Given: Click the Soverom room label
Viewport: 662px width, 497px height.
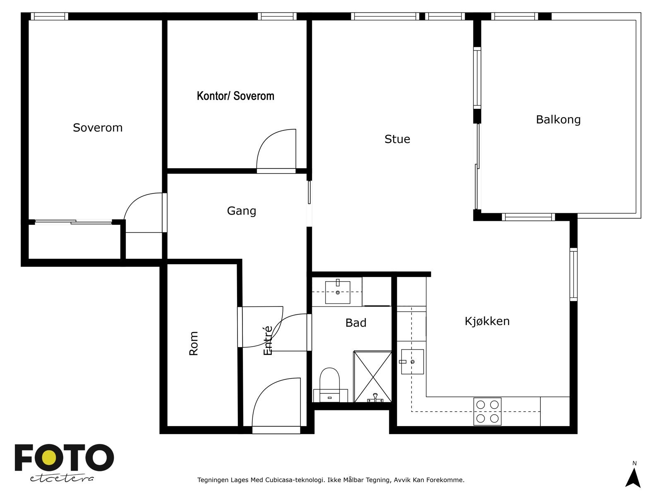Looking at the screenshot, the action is point(98,128).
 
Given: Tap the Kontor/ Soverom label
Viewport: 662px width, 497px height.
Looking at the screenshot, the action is point(235,96).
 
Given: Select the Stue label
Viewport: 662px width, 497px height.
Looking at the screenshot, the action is point(397,139).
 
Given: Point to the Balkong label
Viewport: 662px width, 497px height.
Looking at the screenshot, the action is point(558,120).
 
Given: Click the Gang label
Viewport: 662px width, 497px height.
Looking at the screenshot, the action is point(242,211).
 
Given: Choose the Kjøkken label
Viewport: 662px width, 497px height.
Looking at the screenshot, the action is point(487,321).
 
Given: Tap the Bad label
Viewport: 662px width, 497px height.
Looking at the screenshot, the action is point(356,323).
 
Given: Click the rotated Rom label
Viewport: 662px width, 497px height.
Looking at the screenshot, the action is point(193,343).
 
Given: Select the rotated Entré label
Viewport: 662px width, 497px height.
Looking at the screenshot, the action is point(268,341).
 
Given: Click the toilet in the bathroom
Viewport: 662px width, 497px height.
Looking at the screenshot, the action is point(330,385).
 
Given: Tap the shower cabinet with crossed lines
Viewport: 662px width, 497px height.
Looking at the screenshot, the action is point(373,376).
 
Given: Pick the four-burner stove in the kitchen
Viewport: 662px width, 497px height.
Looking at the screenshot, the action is point(487,412).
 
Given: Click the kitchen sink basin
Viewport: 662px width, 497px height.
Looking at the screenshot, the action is point(413,362).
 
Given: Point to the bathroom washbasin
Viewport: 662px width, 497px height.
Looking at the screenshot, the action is point(338,292).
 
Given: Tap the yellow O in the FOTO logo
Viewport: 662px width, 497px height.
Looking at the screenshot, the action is point(50,458).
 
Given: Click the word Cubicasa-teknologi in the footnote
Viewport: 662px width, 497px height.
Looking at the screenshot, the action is point(294,480).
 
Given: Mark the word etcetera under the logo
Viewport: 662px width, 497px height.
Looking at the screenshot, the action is point(62,478).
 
